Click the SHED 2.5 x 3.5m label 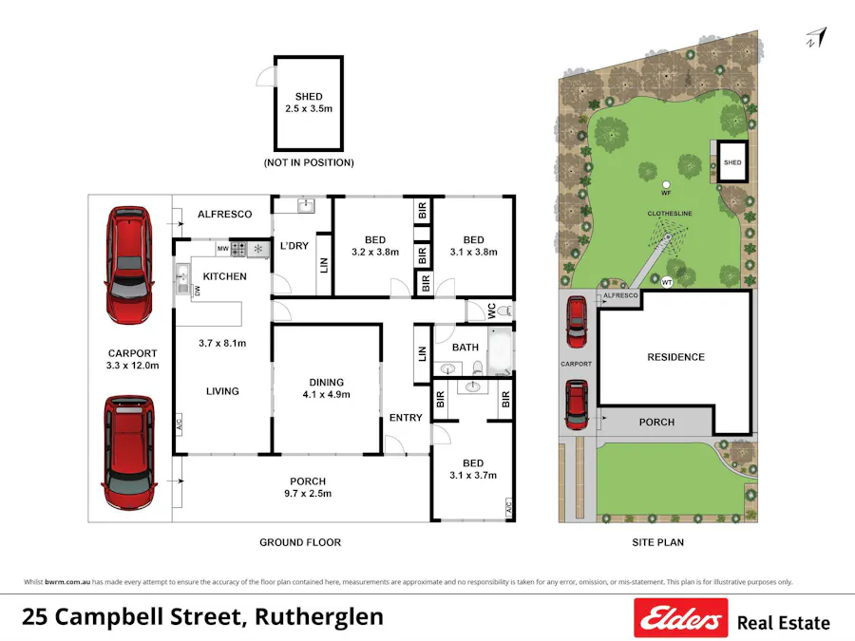[309, 103]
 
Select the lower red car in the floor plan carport [129, 453]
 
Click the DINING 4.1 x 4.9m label [324, 387]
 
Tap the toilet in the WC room [504, 311]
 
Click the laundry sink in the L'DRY [305, 205]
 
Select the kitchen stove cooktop [237, 250]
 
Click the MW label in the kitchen [222, 250]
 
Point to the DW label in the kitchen [197, 292]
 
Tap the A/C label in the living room [179, 426]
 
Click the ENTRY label [406, 418]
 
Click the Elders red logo [680, 619]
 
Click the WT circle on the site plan [666, 281]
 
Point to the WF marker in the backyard [666, 184]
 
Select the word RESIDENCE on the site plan [675, 357]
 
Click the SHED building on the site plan [732, 162]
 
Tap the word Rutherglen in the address [319, 616]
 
